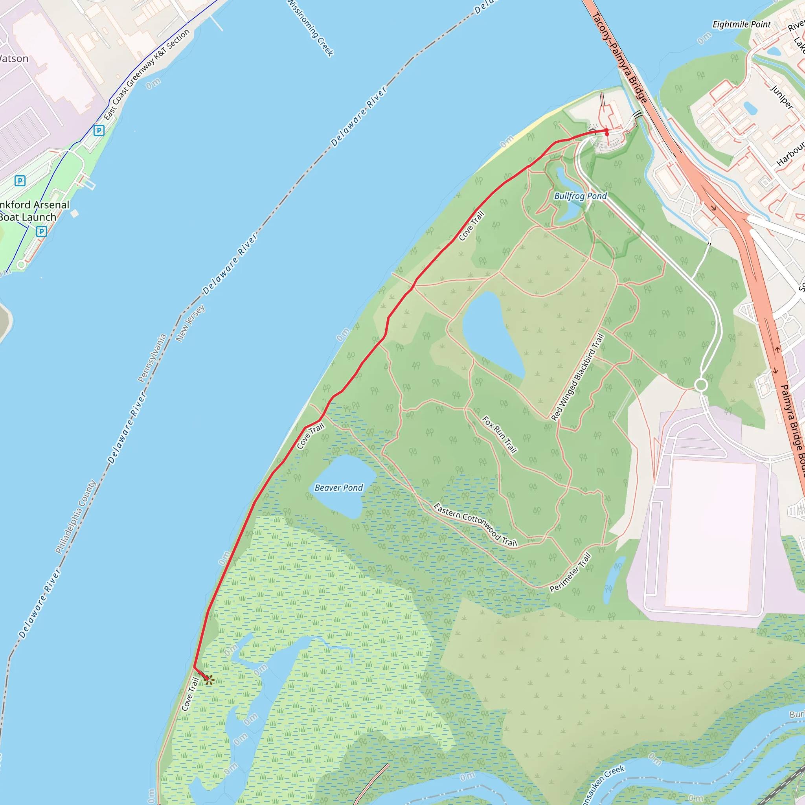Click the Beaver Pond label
coord(339,487)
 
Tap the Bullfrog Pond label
coord(581,196)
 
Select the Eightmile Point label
coord(742,24)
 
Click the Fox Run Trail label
coord(500,435)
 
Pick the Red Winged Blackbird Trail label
coord(577,377)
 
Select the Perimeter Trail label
coord(570,572)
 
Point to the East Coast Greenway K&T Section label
coord(146,75)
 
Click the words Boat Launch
coord(28,217)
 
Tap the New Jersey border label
coord(190,323)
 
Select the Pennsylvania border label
coord(152,358)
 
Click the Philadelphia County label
coord(76,516)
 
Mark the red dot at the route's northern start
coord(607,133)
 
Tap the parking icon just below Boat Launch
coord(41,231)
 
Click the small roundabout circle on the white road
coord(701,384)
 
